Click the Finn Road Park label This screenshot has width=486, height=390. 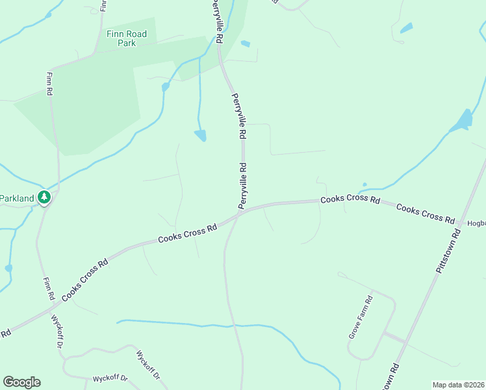[127, 38]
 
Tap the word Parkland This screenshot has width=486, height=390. [16, 198]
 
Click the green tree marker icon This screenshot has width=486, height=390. [44, 197]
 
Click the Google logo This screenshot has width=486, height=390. [21, 382]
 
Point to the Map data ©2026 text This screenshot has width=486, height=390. [457, 385]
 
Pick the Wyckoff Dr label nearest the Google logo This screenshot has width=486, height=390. [110, 378]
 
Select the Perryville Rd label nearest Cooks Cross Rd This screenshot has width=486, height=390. [243, 186]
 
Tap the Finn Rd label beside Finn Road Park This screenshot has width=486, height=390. [49, 83]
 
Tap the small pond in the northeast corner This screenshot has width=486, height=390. [406, 28]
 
